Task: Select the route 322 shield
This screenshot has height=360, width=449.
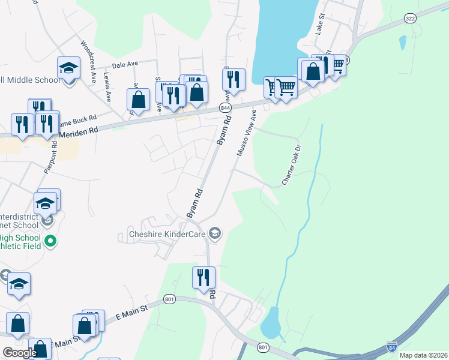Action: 410,19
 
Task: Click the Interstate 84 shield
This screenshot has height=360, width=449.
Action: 392,347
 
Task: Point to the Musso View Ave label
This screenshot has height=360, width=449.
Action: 247,133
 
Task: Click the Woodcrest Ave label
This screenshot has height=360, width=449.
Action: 88,61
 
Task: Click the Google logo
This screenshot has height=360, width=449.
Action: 20,353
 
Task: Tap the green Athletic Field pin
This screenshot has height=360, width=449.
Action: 51,242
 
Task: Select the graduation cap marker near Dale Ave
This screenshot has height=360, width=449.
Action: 69,68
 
